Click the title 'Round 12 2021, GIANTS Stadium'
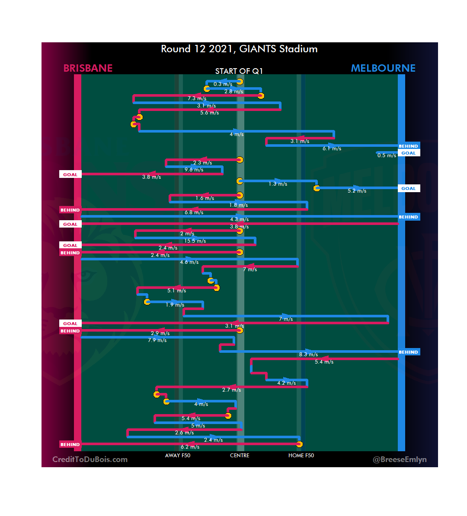239,49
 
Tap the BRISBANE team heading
88,68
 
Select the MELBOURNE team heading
383,68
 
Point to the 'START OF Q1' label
239,71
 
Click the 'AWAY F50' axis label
178,456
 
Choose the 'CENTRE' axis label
240,456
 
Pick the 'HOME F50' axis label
301,456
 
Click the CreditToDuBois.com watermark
90,459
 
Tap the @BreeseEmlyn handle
400,459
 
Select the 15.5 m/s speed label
195,241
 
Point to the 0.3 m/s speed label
223,84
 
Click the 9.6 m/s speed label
194,170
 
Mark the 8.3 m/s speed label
308,355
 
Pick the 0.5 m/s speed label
387,155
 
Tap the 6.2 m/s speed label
190,447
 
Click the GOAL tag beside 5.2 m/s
408,188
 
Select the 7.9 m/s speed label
157,340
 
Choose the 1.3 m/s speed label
278,184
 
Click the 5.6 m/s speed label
209,113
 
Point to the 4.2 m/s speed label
286,383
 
